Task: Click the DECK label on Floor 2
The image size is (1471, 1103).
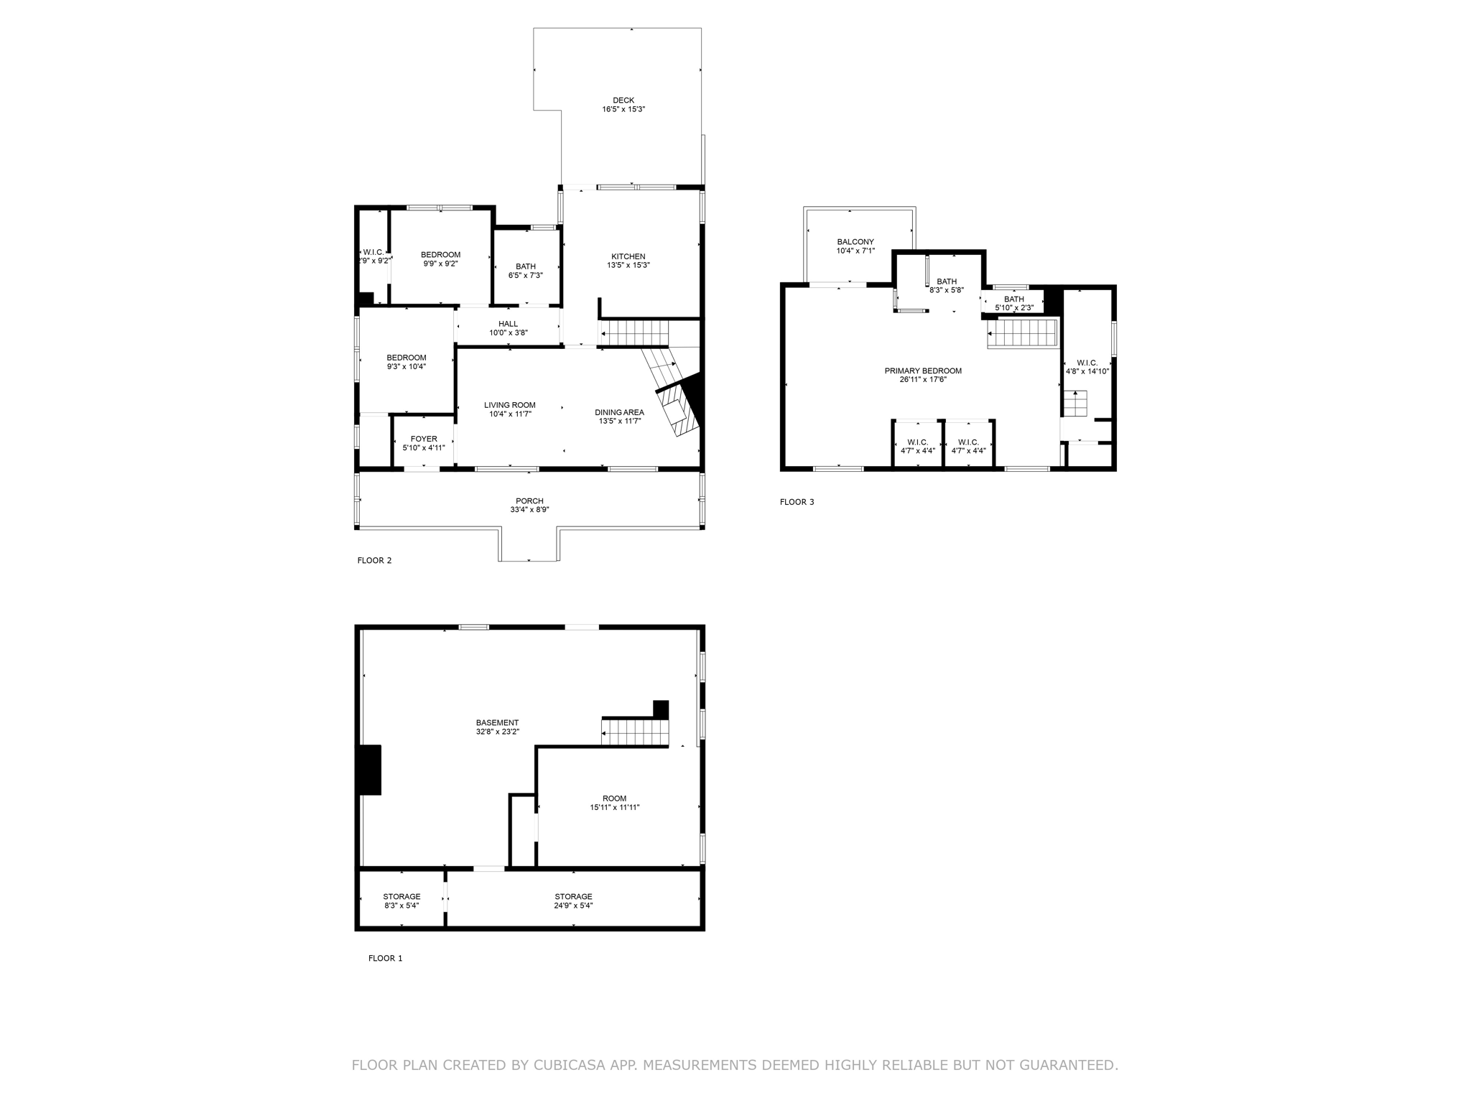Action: click(x=623, y=101)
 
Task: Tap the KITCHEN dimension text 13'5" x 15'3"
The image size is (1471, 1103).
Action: click(x=628, y=266)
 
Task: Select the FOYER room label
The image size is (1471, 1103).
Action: click(x=424, y=439)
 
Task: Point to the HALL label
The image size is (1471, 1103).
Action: click(x=508, y=324)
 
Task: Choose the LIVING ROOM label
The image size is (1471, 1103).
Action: click(x=509, y=405)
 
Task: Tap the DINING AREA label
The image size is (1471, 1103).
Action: click(x=619, y=412)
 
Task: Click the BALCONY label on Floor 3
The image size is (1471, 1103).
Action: click(x=855, y=242)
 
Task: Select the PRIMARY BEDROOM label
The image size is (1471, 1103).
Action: click(x=922, y=371)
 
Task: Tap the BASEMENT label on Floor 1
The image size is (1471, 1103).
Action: click(x=497, y=723)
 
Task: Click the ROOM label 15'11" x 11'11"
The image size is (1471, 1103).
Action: click(x=614, y=799)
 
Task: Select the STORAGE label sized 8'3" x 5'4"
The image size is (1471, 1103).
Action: click(x=402, y=897)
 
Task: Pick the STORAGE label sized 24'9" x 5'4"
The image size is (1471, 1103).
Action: click(x=573, y=897)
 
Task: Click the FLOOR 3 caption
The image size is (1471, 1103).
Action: click(x=797, y=502)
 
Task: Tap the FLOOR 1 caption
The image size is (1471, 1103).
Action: click(x=385, y=958)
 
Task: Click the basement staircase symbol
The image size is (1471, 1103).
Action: click(x=635, y=733)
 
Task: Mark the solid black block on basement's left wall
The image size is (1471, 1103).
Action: click(x=369, y=770)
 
